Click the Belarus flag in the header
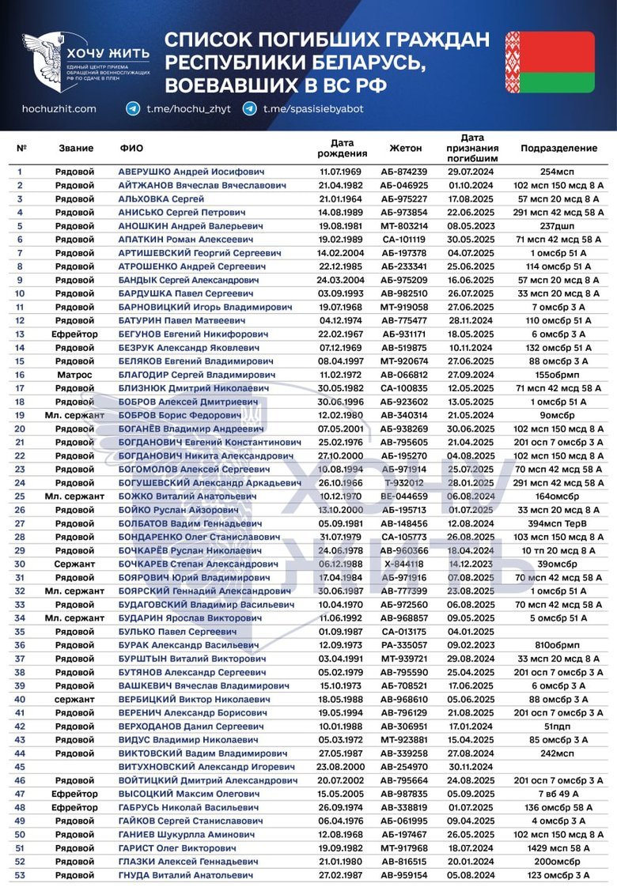550,62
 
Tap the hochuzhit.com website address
59,109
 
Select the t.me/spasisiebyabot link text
313,109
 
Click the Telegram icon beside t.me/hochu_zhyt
132,109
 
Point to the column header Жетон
406,148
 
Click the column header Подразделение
558,148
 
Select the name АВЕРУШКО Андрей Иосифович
191,172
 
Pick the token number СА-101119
404,239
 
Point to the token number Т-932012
404,482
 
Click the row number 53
20,874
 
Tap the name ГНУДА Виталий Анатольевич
185,874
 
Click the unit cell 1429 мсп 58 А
558,848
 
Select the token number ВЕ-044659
404,496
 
